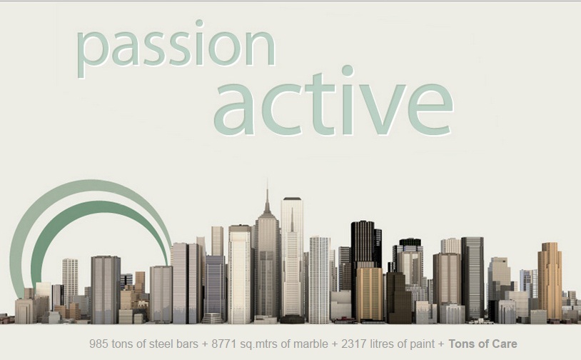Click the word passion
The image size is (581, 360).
coord(176,48)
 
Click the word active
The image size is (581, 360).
coord(333,101)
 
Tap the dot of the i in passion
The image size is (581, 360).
coord(199,24)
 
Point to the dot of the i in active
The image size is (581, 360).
coord(348,71)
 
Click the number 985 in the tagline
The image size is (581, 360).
coord(98,344)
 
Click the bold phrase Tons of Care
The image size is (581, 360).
coord(483,344)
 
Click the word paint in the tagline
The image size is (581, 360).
coord(422,344)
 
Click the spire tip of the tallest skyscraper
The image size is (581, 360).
coord(267,179)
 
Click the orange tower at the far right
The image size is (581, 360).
coord(550,281)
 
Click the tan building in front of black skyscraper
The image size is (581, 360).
coord(370,294)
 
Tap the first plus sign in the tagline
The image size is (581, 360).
coord(205,344)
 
